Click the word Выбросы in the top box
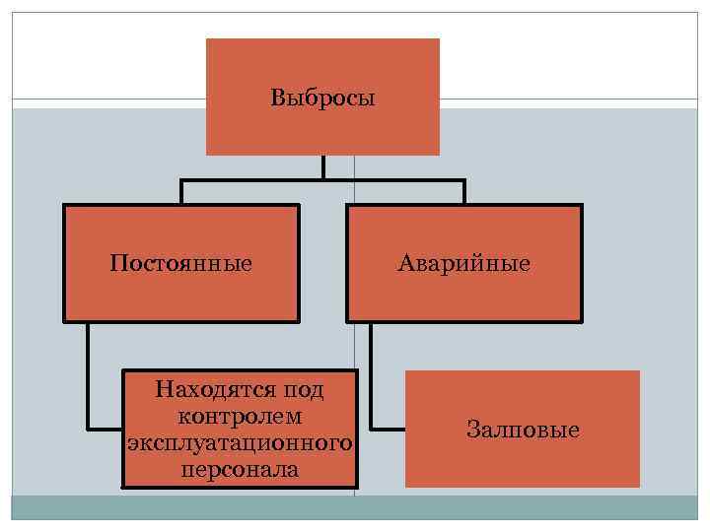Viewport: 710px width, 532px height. pos(322,99)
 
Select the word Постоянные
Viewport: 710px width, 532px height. pos(181,264)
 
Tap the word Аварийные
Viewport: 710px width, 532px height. pos(463,264)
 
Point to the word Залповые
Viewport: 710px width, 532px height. pos(523,431)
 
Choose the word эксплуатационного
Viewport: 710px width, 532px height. pos(241,443)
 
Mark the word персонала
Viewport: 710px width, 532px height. pos(241,470)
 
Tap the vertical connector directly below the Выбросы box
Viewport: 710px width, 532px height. pos(322,167)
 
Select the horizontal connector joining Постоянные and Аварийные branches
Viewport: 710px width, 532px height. pos(322,180)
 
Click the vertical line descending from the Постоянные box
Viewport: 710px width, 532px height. pos(88,374)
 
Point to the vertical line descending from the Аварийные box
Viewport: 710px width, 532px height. pos(372,374)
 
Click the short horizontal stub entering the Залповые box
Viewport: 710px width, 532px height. pos(389,429)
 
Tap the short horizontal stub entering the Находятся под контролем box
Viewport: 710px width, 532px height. pos(105,429)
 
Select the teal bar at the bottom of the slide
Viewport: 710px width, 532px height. pos(355,507)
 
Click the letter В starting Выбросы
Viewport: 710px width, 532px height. pos(277,99)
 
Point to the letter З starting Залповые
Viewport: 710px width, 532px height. pos(472,431)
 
